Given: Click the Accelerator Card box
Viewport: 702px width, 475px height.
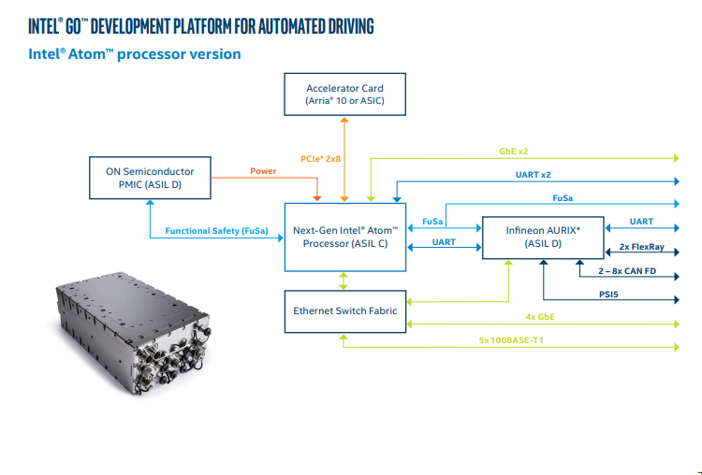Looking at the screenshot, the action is click(x=344, y=94).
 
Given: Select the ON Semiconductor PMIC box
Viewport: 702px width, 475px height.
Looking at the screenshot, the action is click(x=150, y=178).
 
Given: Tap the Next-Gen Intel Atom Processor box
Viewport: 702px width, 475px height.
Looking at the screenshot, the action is click(x=345, y=237).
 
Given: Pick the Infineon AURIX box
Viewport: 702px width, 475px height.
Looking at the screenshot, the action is click(x=543, y=237).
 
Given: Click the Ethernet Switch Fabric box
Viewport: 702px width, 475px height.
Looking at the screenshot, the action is click(x=345, y=311).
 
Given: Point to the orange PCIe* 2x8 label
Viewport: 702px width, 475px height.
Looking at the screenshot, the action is click(x=320, y=159).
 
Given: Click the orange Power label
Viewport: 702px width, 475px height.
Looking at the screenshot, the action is click(x=263, y=171).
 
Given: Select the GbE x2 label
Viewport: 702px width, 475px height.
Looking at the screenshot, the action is click(x=514, y=151).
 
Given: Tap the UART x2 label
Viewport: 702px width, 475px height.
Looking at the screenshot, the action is click(x=534, y=175).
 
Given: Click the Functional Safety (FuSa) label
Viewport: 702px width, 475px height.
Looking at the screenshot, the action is click(x=217, y=231).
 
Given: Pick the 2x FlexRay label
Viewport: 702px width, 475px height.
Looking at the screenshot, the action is click(x=641, y=247).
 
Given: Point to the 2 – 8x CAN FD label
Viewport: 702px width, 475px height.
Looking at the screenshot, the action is click(x=627, y=270).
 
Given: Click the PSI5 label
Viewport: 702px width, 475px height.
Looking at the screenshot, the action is click(x=608, y=295).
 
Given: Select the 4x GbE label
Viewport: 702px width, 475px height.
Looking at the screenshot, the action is click(x=540, y=317).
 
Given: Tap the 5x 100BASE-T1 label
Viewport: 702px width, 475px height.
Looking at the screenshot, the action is click(x=511, y=340).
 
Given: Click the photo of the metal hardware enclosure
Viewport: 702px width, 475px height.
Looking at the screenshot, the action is click(x=132, y=332).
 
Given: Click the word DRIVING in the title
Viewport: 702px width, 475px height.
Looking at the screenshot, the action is click(x=351, y=26).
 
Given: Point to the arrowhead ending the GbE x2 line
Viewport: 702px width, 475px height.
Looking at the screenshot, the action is click(x=677, y=158).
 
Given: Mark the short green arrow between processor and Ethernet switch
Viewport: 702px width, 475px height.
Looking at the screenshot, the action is click(x=344, y=281).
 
